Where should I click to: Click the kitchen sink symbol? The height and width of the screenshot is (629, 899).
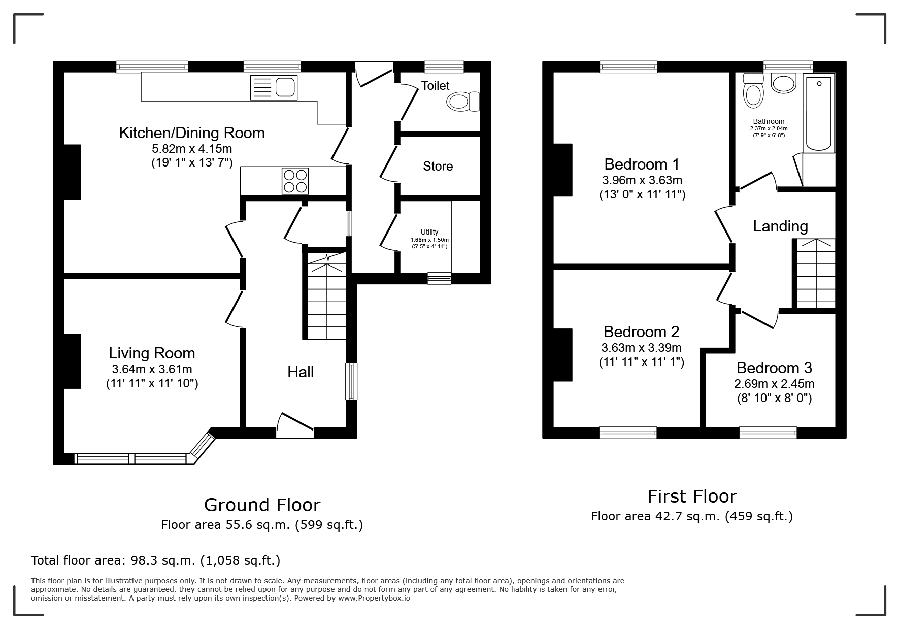pos(274,88)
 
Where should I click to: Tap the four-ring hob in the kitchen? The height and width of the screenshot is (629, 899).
pos(295,181)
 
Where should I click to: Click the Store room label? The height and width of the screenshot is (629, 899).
pos(438,166)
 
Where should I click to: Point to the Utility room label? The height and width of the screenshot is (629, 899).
pos(429,232)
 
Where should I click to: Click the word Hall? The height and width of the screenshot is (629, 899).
pos(301,372)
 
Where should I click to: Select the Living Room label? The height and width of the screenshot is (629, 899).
pos(152,353)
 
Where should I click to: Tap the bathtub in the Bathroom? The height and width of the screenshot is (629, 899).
pos(818,113)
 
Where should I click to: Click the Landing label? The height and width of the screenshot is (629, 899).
pos(780,226)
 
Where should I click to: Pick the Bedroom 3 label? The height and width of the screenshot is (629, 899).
pos(774,368)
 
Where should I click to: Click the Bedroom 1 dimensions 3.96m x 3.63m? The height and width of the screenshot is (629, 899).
pos(642,180)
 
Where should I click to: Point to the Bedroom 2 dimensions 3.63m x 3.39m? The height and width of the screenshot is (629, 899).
pos(642,348)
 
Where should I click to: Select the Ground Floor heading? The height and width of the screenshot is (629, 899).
pos(262,505)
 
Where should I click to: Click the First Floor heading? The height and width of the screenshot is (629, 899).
pos(692,496)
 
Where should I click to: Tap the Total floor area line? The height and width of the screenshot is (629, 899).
pos(156,560)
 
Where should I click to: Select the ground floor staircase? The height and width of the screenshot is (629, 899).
pos(327,295)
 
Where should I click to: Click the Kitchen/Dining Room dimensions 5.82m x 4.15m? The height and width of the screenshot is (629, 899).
pos(192,149)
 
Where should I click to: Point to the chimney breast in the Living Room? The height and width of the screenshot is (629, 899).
pos(72,361)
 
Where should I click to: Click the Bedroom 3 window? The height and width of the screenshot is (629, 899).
pos(768,433)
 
